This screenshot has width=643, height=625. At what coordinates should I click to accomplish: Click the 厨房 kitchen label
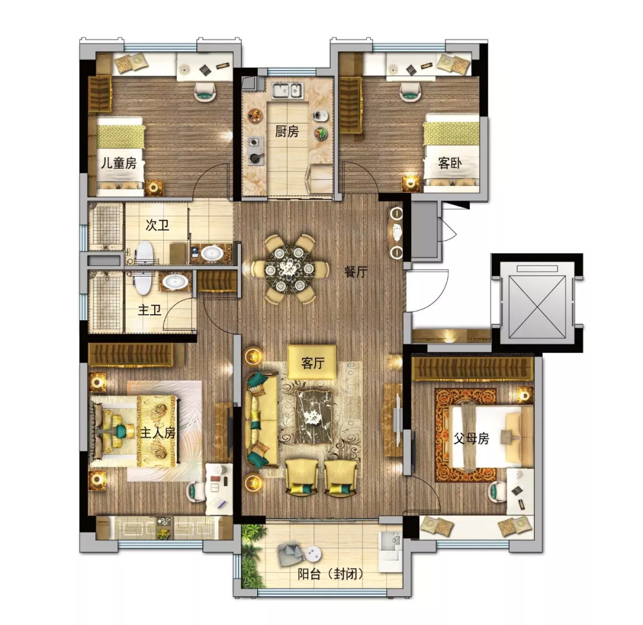286,132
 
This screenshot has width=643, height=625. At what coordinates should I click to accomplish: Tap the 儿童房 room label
119,163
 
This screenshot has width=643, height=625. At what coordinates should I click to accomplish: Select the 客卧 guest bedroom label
450,163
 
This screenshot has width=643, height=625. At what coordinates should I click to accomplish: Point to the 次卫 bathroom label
157,225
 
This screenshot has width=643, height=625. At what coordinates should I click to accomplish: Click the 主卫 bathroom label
149,310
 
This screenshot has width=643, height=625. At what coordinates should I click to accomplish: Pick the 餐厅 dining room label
356,271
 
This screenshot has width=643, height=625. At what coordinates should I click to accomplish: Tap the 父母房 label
471,438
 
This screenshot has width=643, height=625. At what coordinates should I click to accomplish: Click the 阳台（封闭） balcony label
330,574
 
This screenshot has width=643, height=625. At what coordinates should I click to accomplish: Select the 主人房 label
158,433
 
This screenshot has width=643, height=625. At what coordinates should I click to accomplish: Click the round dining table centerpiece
290,268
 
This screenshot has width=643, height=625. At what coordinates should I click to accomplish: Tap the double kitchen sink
288,90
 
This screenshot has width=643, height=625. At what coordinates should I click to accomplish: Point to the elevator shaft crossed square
536,307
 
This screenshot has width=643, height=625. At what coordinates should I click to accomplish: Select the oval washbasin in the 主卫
176,282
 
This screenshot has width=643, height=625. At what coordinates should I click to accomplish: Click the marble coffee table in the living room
314,416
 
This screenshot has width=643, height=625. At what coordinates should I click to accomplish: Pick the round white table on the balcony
313,553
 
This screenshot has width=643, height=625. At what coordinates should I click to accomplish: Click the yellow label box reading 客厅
312,362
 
